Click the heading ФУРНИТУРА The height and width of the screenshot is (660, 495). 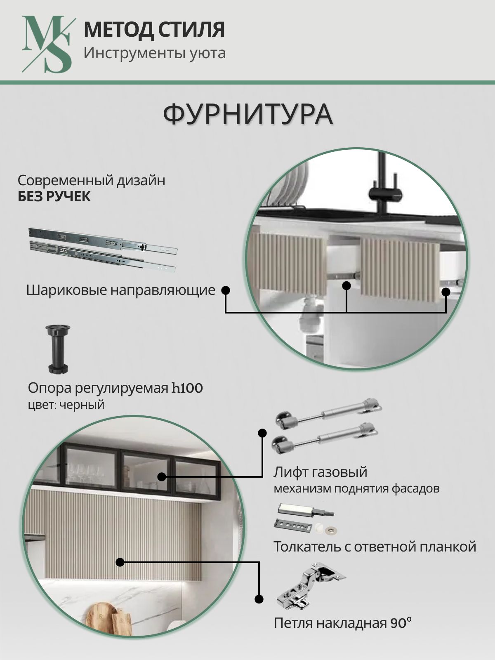click(x=248, y=115)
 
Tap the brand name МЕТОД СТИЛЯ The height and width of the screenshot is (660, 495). click(x=154, y=29)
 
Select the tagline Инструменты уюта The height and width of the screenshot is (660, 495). click(x=154, y=53)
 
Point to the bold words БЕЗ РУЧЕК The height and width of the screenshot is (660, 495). click(x=54, y=197)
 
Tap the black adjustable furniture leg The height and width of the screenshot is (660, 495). click(x=58, y=349)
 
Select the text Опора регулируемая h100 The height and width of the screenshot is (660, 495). click(x=115, y=388)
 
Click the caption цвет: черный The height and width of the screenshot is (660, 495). click(x=66, y=405)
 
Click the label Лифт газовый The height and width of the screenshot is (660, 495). click(x=320, y=472)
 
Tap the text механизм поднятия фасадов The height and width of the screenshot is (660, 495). click(x=356, y=489)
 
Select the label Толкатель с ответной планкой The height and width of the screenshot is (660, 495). click(x=375, y=547)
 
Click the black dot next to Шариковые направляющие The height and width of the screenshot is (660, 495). click(x=225, y=290)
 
